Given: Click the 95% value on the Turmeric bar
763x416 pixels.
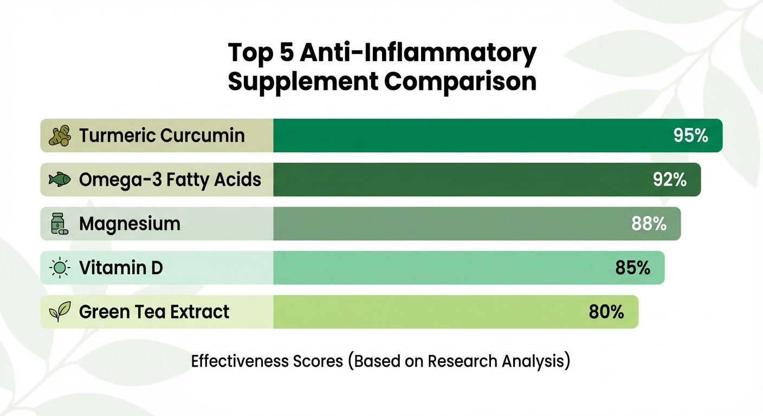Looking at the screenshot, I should point(690,135).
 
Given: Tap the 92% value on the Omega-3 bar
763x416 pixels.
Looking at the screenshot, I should point(669,180).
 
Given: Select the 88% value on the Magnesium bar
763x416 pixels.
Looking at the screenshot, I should point(649,224).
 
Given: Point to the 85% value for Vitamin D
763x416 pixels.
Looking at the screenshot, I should point(632,268).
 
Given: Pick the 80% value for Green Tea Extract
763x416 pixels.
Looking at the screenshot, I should point(606,312).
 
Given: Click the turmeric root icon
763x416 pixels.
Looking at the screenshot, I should point(60,135).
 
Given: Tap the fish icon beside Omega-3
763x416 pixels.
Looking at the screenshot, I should point(60,180).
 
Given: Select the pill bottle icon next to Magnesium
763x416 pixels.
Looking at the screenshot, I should point(59,224).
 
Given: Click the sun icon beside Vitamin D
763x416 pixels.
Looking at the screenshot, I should point(59,268).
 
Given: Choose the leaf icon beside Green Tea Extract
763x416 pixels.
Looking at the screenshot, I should point(59,312).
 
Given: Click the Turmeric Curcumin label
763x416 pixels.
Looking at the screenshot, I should point(162,135).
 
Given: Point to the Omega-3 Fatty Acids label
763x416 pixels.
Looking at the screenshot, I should point(170,180).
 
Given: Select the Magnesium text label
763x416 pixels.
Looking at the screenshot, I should point(130,224).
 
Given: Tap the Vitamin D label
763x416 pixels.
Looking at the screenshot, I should point(121,268).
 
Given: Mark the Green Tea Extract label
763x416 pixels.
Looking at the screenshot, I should point(154,312).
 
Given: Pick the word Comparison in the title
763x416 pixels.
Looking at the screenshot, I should point(460,82).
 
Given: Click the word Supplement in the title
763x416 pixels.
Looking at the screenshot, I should point(303,82).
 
